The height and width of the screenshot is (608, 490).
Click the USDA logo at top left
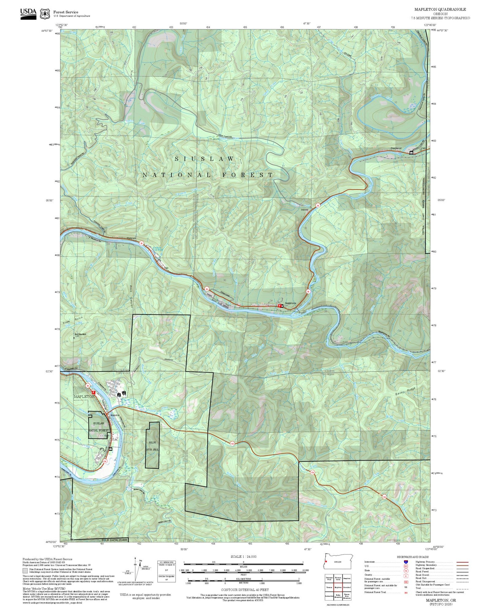click(28, 13)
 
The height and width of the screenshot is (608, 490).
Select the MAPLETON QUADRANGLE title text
click(440, 9)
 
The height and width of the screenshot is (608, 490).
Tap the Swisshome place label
click(290, 303)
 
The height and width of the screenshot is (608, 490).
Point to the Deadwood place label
click(396, 148)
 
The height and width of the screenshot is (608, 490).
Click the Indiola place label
click(305, 210)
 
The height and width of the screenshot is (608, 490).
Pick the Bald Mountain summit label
click(80, 334)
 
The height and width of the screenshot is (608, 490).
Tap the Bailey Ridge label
click(405, 392)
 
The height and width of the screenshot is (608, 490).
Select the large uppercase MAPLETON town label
click(84, 396)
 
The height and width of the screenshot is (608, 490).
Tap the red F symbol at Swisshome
click(279, 306)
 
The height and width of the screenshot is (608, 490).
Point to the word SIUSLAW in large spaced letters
click(204, 159)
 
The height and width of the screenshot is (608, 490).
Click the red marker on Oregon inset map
click(326, 562)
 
